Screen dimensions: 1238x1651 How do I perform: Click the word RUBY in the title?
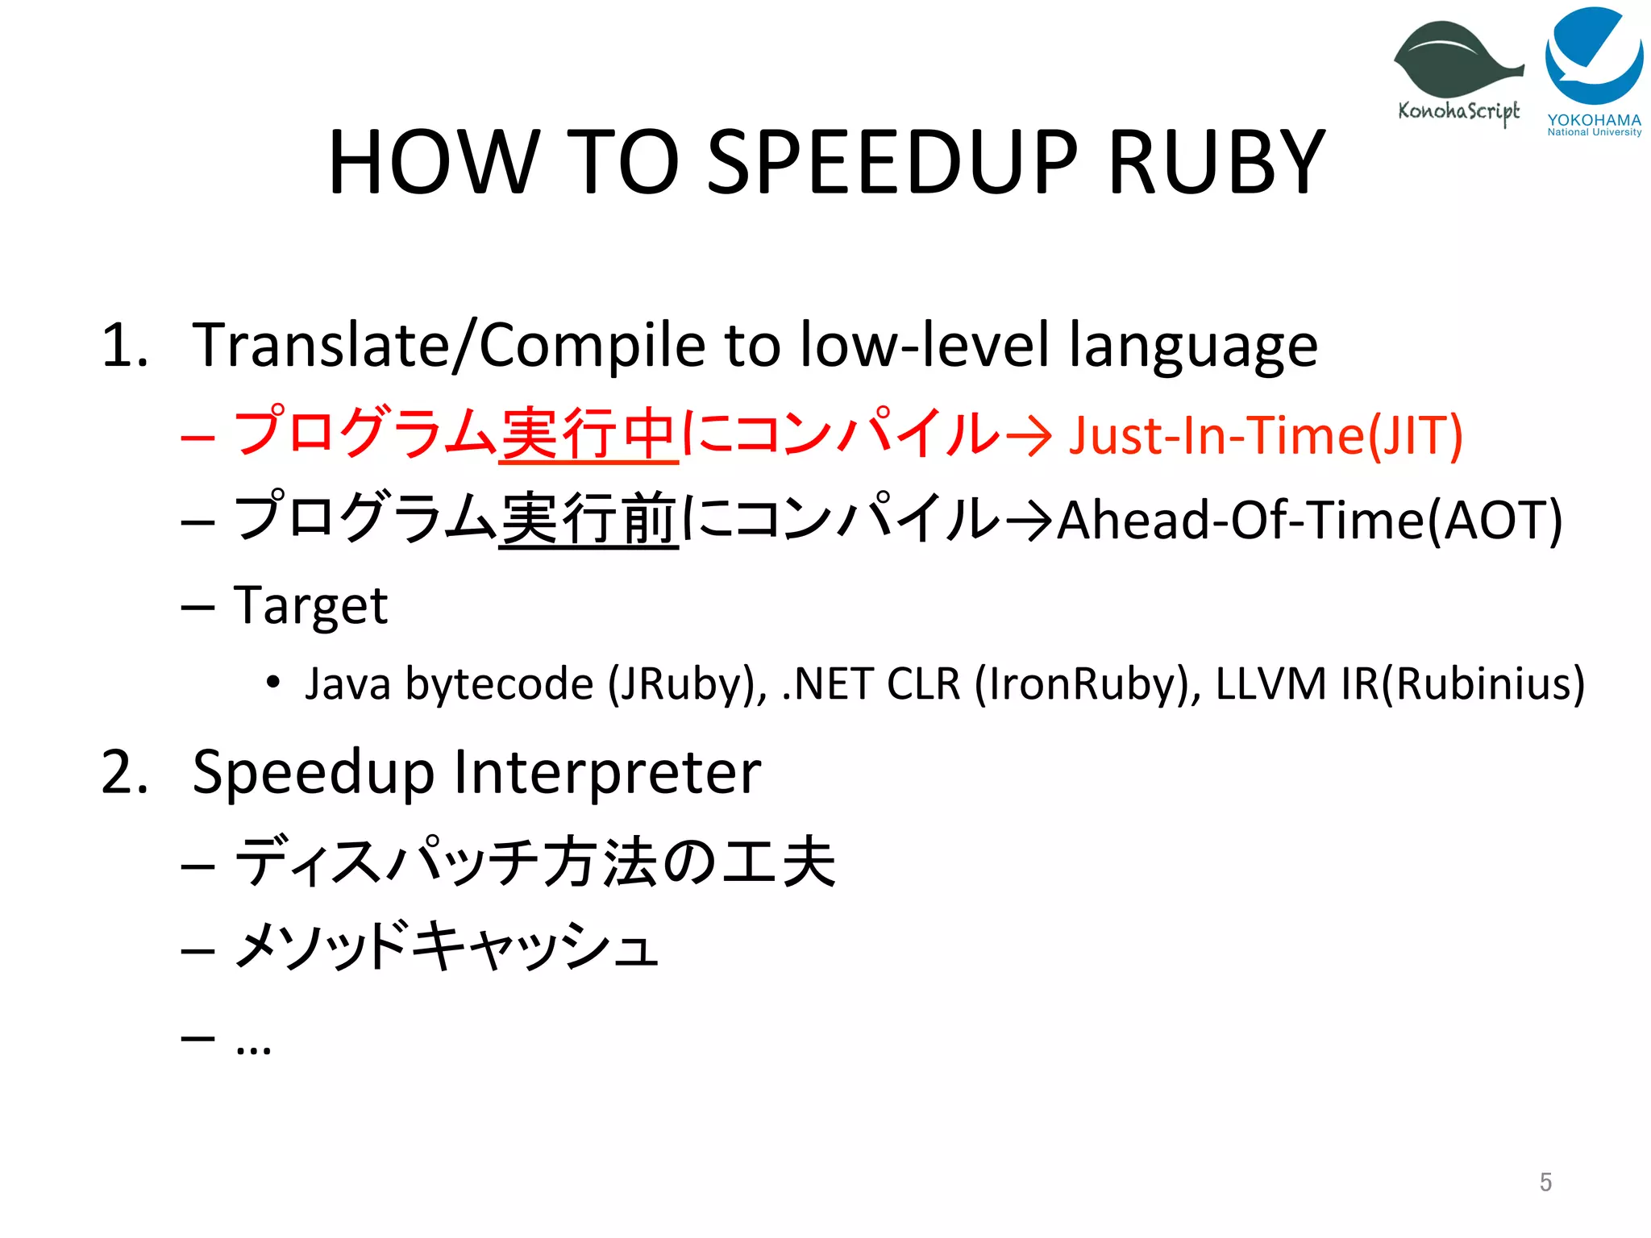click(x=1216, y=163)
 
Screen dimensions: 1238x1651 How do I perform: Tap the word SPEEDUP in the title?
click(x=892, y=163)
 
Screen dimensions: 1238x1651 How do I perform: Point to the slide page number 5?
click(x=1545, y=1182)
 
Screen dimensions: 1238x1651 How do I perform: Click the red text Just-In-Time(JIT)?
click(x=1265, y=435)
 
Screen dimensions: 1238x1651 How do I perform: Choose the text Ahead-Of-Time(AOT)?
click(x=1309, y=520)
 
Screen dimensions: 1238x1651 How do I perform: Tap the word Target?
click(x=310, y=605)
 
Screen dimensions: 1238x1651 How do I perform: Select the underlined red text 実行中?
click(x=588, y=435)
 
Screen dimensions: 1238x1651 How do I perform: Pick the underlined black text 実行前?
click(x=588, y=520)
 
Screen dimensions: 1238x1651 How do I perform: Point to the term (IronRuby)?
click(x=1087, y=684)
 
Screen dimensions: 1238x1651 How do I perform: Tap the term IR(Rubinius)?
click(x=1462, y=684)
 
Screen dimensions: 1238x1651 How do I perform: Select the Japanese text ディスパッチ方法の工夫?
click(x=534, y=862)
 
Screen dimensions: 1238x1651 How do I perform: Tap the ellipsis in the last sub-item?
click(x=253, y=1049)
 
